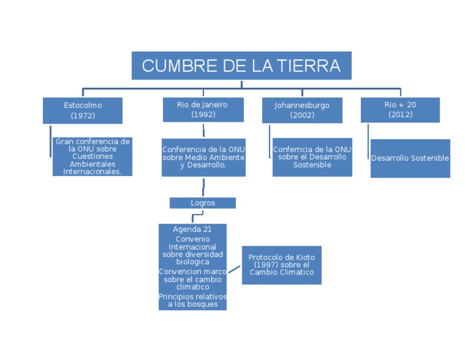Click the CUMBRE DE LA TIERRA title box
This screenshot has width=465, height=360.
point(241,65)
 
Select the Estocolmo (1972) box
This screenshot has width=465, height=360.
point(82,110)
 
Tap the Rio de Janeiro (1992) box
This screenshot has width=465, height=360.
point(203,110)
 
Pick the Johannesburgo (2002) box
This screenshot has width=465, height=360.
point(302,110)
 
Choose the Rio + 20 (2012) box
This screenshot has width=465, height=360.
point(400,110)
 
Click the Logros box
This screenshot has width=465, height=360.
point(202,203)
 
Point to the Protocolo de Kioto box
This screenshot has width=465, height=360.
point(282,265)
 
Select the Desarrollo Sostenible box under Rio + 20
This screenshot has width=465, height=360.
point(410,158)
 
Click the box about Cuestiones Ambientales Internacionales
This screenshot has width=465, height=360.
point(92,156)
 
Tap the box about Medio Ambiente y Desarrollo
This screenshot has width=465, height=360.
point(203,157)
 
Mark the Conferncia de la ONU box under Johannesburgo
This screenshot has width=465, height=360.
point(312,157)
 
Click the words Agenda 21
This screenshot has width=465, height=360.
point(192,229)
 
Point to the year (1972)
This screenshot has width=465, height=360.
point(83,115)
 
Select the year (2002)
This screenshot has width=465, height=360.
point(302,115)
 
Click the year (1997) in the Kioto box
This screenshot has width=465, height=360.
point(265,265)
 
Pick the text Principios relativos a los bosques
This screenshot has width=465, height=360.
point(192,300)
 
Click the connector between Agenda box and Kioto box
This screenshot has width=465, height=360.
point(234,269)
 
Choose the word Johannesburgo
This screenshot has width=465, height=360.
point(302,105)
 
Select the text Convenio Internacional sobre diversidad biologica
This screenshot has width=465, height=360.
point(192,250)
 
